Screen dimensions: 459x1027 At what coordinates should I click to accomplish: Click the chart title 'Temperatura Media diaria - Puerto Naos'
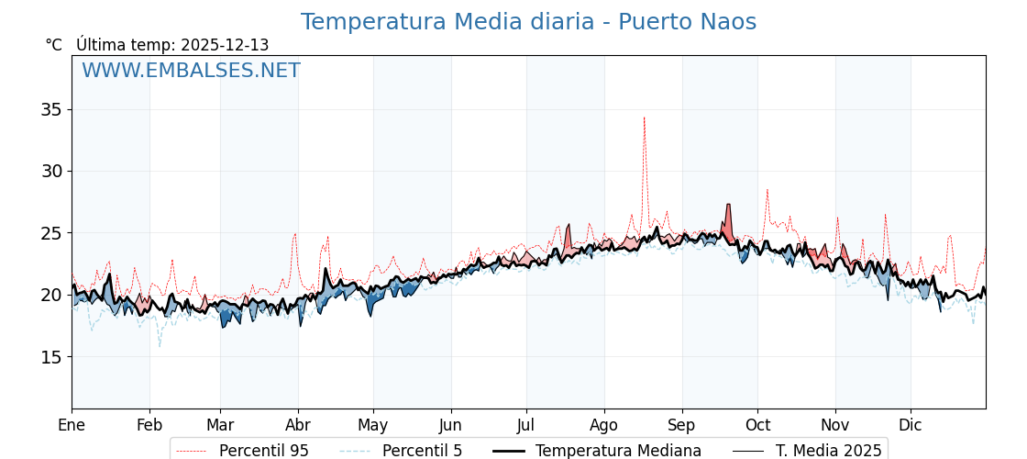coord(528,22)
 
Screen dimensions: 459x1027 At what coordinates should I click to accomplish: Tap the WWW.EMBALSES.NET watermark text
coord(191,71)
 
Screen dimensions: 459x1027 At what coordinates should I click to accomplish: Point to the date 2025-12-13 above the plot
coord(225,45)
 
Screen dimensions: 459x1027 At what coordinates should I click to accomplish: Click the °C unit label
coord(54,45)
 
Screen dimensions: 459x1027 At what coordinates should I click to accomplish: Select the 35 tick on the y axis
coord(50,109)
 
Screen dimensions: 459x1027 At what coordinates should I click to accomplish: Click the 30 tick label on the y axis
coord(50,171)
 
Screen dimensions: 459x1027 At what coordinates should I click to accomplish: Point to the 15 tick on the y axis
coord(50,356)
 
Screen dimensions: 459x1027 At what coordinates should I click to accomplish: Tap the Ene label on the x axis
coord(72,425)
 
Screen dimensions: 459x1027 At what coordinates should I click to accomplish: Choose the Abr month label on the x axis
coord(298,425)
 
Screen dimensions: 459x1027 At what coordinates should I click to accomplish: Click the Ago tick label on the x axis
coord(604,425)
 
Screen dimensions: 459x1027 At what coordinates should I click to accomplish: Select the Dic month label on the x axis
coord(911,425)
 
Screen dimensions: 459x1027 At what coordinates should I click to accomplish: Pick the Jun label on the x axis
coord(450,425)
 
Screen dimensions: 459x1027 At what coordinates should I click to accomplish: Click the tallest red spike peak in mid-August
coord(644,118)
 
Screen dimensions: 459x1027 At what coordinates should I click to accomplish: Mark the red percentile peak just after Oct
coord(767,190)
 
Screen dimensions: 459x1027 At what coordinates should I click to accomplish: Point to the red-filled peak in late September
coord(728,206)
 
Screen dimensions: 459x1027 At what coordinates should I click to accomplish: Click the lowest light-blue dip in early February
coord(160,346)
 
